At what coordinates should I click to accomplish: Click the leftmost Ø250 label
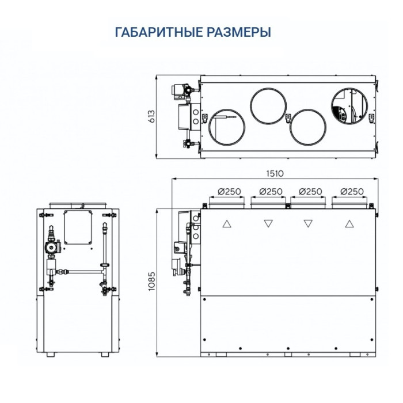coord(229,191)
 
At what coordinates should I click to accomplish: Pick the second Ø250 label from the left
coord(270,191)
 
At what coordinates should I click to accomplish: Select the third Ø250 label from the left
coord(311,191)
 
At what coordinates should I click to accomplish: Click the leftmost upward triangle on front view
coord(227,223)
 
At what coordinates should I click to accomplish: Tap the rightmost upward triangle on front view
coord(348,223)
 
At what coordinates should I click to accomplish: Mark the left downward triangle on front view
coord(268,223)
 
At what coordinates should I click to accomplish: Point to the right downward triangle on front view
coord(308,223)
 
